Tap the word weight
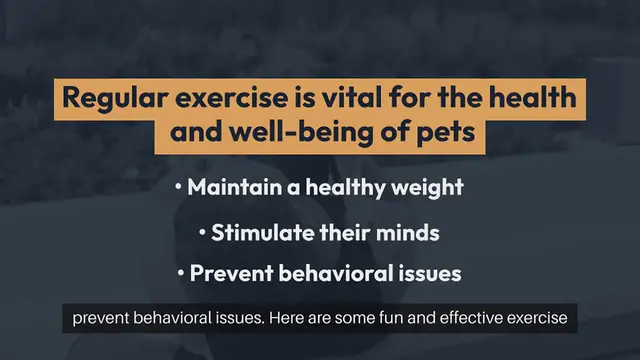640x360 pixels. [x=430, y=187]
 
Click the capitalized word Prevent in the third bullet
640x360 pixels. [x=227, y=273]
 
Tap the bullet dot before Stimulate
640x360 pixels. [x=203, y=232]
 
